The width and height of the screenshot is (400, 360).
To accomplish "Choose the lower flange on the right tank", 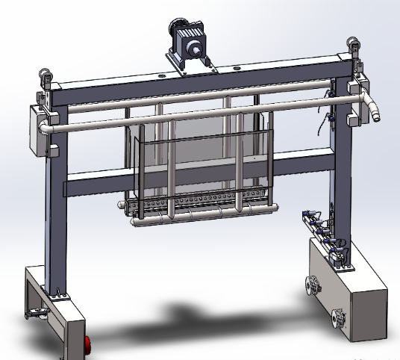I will [337, 319].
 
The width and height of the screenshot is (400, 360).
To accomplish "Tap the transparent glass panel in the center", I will [201, 161].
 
